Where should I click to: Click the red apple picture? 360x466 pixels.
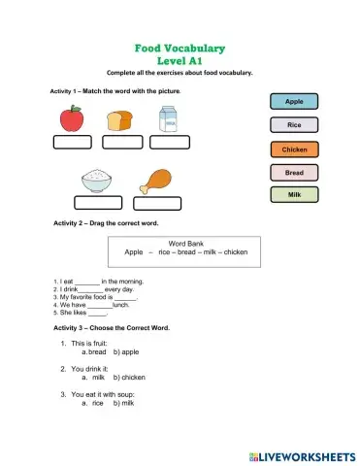71,119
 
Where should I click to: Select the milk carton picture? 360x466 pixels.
168,119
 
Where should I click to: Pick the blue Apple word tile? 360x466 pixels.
294,101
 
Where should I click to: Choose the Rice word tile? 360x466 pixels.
294,125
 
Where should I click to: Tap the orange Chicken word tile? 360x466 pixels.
294,150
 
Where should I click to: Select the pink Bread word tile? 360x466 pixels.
294,172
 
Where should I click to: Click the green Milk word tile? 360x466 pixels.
294,194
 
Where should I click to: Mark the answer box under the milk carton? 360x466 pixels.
170,143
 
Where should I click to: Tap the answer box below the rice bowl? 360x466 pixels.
98,205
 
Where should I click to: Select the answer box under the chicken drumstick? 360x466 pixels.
159,205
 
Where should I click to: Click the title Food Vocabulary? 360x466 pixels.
180,48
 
